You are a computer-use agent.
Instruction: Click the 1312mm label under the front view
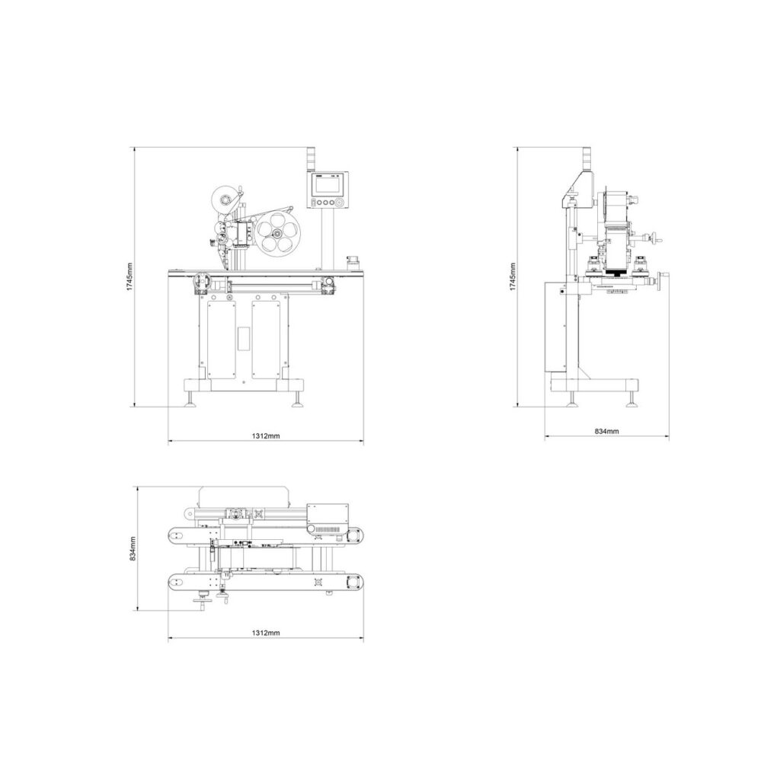point(265,436)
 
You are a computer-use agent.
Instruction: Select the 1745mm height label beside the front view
point(130,276)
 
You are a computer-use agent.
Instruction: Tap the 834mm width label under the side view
point(606,431)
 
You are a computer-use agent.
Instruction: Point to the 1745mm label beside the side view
point(513,276)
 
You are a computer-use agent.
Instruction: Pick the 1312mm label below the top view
point(265,633)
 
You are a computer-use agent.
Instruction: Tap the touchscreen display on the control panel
point(328,186)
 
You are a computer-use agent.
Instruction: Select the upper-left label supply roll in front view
point(224,200)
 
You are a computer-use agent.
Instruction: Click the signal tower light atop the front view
point(310,158)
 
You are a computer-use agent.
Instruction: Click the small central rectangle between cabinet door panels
point(244,338)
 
